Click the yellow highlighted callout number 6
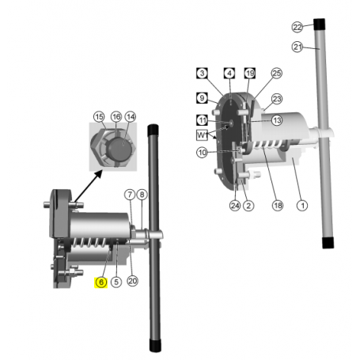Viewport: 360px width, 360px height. [100, 282]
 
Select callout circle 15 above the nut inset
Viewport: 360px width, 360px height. [99, 116]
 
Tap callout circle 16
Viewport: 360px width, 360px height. [116, 116]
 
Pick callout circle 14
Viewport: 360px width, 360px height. [131, 116]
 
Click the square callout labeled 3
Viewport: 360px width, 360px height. [202, 74]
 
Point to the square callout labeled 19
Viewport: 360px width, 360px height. [249, 74]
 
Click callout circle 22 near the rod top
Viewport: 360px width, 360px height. [319, 26]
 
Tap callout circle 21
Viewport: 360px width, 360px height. [319, 47]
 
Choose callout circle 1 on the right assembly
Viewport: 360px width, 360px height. [301, 206]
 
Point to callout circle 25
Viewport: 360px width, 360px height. [276, 74]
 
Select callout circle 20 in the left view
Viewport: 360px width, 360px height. [132, 281]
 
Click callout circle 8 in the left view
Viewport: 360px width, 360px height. [142, 193]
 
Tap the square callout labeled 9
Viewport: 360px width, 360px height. [202, 99]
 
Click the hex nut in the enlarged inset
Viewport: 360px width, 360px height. [115, 149]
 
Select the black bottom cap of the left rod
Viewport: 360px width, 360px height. [156, 346]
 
